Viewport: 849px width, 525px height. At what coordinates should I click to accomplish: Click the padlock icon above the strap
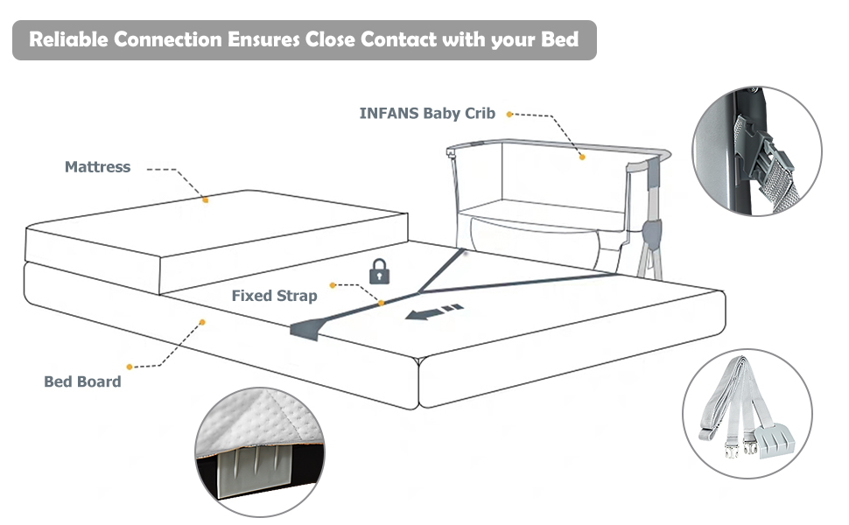[x=379, y=271]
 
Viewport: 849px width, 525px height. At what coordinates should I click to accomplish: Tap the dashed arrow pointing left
[x=433, y=311]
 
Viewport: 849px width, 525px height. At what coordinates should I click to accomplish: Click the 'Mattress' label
[x=97, y=166]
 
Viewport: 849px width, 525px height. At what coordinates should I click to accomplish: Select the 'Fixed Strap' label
[x=274, y=296]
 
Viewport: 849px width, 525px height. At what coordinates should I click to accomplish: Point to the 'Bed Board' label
[x=82, y=381]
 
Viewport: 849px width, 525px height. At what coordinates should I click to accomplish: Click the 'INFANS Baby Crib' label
[x=427, y=113]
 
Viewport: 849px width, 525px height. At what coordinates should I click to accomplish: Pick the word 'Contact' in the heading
[x=402, y=40]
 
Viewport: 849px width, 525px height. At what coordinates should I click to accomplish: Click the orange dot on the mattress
[x=206, y=200]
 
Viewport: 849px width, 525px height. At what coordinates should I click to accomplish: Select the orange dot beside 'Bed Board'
[x=130, y=367]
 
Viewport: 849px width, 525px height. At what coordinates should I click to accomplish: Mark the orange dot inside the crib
[x=580, y=157]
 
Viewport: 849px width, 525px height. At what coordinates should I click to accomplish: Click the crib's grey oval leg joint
[x=650, y=233]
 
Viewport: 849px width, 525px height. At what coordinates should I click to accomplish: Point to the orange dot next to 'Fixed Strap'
[x=333, y=285]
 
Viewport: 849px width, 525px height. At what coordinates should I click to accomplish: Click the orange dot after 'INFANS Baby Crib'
[x=509, y=114]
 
